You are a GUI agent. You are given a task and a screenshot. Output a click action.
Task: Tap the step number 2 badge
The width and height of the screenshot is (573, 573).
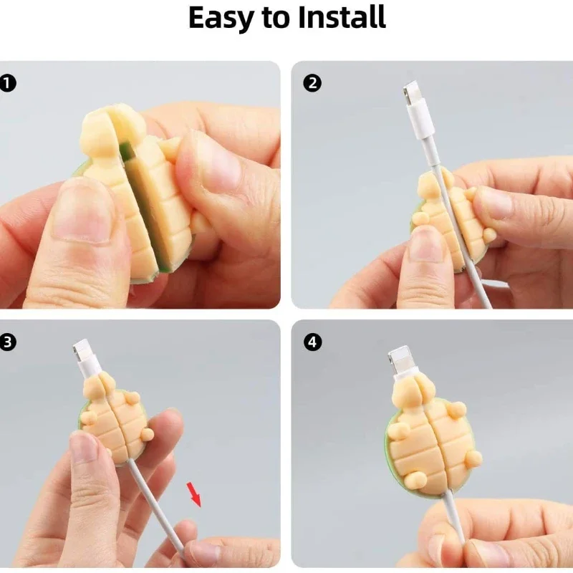(312, 83)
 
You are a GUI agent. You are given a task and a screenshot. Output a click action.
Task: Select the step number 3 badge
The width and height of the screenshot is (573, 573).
(8, 342)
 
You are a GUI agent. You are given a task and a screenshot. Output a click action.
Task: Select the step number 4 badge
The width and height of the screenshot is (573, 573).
(313, 342)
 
